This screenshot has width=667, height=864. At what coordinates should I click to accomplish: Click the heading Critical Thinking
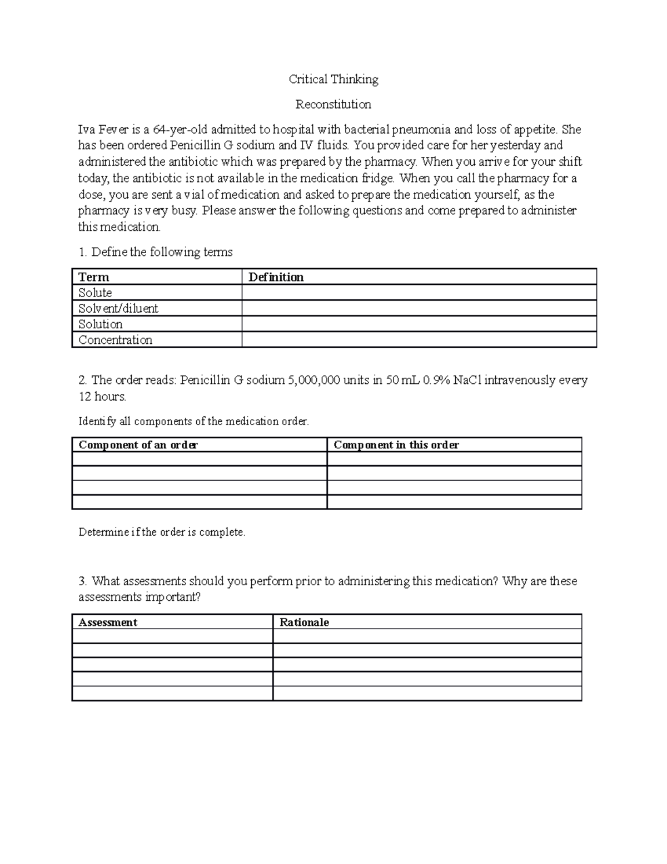pos(333,80)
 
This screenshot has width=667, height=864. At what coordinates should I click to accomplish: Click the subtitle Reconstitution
pos(333,105)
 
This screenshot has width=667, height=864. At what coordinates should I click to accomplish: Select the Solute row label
pos(95,293)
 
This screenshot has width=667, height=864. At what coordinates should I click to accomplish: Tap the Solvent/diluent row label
pos(118,308)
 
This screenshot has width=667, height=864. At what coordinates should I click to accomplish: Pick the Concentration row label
pos(115,340)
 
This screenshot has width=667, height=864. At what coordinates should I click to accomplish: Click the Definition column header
pos(276,277)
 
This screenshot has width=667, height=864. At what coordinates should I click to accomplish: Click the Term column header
pos(93,277)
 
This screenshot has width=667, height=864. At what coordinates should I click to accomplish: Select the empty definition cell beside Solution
pos(419,324)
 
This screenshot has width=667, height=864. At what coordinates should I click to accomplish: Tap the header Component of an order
pos(138,445)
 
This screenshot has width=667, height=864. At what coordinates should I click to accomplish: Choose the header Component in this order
pos(396,445)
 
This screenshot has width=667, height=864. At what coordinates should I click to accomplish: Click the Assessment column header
pos(108,623)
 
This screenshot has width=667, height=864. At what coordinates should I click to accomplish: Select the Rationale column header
pos(304,623)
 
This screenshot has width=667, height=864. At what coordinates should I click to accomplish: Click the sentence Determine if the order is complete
pos(162,532)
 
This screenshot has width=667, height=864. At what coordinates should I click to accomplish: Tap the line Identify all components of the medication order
pos(193,422)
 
